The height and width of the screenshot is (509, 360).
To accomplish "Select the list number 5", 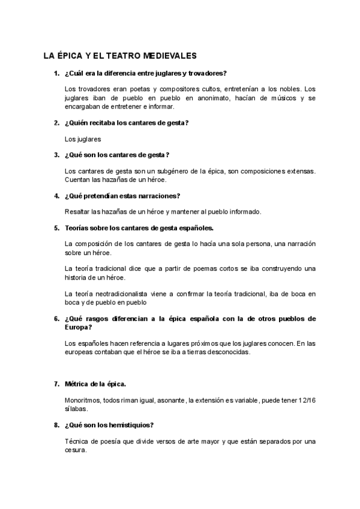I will point(56,228).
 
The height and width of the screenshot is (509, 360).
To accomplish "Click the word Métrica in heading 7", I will point(77,383).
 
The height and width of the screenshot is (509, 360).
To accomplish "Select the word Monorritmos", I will point(84,399).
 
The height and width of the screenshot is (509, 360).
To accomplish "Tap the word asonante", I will point(169,399).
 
